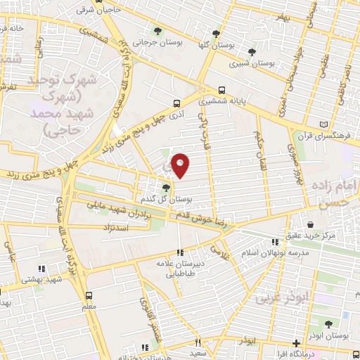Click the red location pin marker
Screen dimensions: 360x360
(181, 165)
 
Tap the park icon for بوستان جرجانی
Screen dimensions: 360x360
(157, 31)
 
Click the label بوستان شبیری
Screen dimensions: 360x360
(254, 63)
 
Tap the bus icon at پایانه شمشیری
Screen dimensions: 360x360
(222, 90)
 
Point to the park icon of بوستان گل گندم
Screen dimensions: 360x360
(166, 187)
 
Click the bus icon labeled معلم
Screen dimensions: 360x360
(89, 296)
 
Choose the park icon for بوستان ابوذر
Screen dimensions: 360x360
(329, 324)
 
